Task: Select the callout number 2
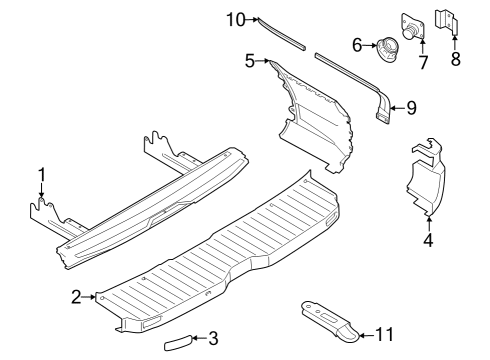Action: [76, 296]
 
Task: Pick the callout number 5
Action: [250, 60]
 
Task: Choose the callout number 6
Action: [357, 44]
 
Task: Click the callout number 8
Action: [456, 60]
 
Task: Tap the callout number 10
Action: [234, 18]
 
